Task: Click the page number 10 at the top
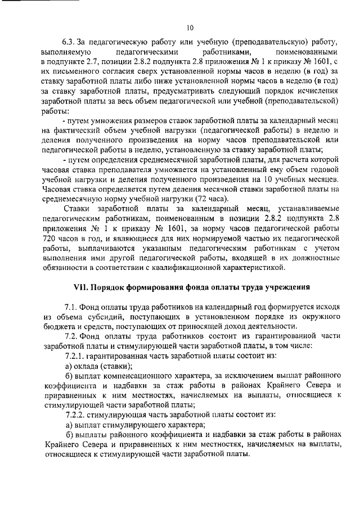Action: (190, 26)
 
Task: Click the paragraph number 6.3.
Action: (69, 42)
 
